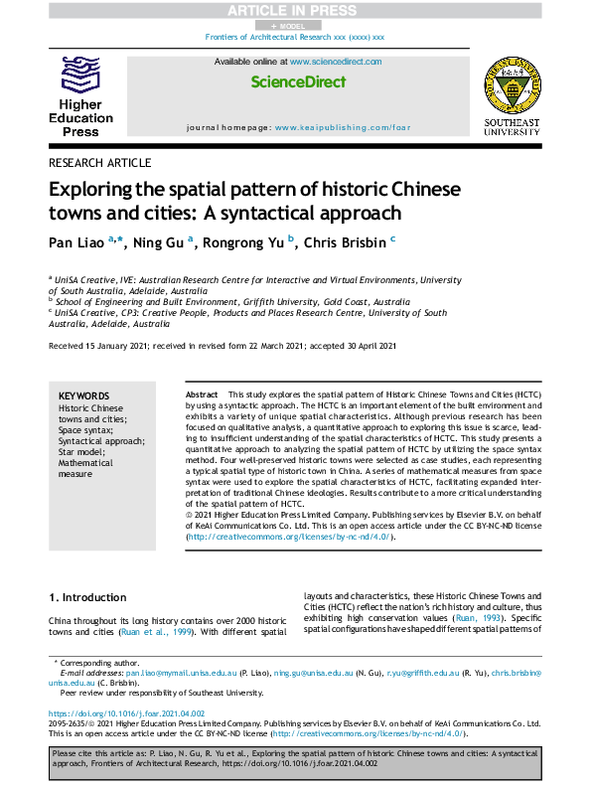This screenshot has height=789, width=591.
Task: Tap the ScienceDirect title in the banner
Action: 297,81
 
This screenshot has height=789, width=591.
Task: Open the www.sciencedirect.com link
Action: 336,62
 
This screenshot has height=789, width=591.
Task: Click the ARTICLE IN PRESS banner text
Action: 295,9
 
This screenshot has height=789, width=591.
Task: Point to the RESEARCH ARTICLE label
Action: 99,163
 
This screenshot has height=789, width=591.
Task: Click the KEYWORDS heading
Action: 84,395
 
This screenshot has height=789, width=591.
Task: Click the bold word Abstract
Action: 202,395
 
